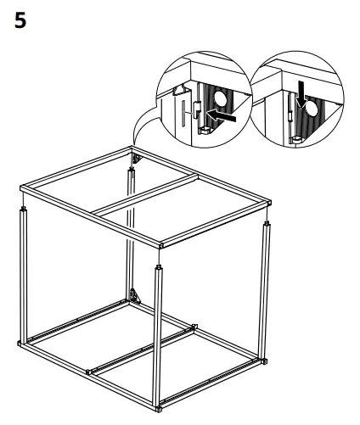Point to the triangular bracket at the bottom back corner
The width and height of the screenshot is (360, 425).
coord(134,297)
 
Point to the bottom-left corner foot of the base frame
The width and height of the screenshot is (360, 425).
coord(20,344)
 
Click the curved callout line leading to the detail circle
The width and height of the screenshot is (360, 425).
coord(143,134)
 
